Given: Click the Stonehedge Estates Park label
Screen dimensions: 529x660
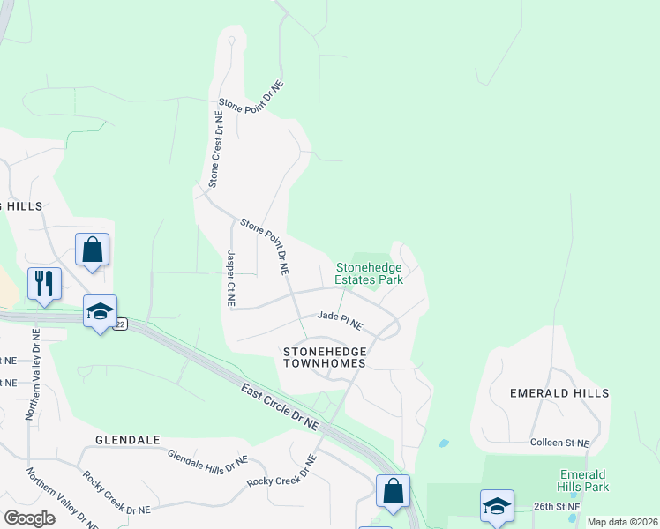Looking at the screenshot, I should [x=369, y=273].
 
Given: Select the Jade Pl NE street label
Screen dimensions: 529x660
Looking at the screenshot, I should [x=340, y=319].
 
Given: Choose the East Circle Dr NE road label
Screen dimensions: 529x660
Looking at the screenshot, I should [x=279, y=405].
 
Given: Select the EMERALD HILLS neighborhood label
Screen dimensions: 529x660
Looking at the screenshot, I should [x=559, y=393].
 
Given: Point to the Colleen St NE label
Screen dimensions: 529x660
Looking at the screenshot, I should [x=565, y=442].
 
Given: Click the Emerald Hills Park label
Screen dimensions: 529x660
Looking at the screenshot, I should [x=583, y=480].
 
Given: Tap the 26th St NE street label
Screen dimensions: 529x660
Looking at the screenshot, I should [x=557, y=507].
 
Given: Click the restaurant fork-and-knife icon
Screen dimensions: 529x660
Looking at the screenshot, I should [x=44, y=284].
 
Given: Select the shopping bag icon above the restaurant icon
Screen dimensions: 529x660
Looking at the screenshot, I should [x=92, y=250].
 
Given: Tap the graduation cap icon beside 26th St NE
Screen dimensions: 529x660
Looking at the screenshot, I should [x=497, y=507].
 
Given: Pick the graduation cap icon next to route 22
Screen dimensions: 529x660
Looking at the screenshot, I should [x=100, y=311].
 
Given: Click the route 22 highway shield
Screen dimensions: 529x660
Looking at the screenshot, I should [x=121, y=324].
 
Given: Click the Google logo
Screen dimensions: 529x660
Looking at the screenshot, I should [x=29, y=518].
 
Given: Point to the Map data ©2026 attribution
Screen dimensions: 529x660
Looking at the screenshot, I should [x=622, y=522].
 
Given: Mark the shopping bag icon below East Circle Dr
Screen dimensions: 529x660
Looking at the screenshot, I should [x=393, y=489].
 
